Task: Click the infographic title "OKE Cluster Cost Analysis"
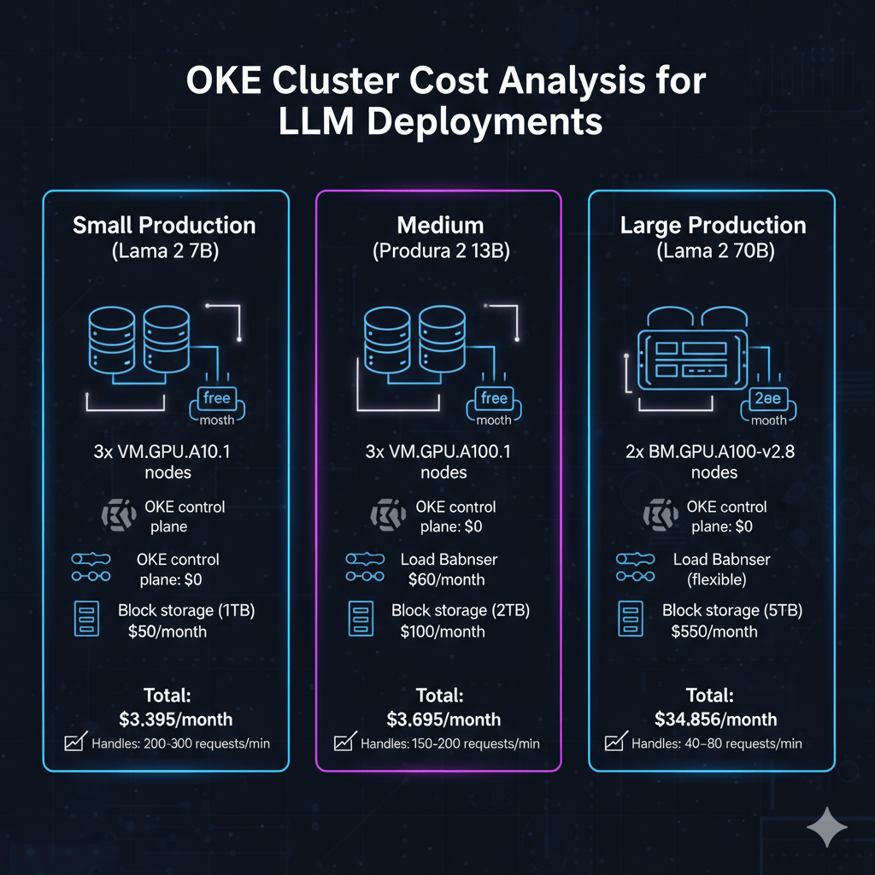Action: coord(437,84)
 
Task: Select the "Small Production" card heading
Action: coord(164,226)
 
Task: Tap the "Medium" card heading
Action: coord(440,226)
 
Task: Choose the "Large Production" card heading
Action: coord(713,226)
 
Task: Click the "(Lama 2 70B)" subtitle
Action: coord(714,252)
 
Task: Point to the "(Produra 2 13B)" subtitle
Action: coord(440,252)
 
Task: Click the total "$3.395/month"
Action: coord(176,719)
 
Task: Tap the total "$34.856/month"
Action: coord(716,719)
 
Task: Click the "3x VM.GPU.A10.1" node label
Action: coord(162,452)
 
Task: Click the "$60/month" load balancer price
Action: coord(447,579)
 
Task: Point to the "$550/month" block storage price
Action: coord(714,631)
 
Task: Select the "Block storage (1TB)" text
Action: coord(186,611)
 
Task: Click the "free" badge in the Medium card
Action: coord(494,398)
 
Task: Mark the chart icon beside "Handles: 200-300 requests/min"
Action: coord(73,743)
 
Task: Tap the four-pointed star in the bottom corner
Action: coord(827,828)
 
